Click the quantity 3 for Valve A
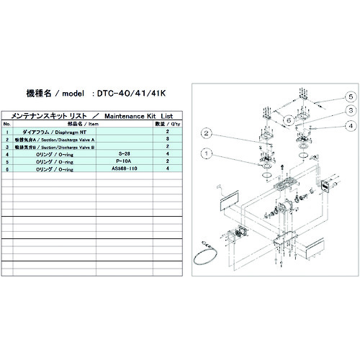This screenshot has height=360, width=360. (167, 139)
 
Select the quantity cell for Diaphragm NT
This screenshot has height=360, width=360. (167, 132)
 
